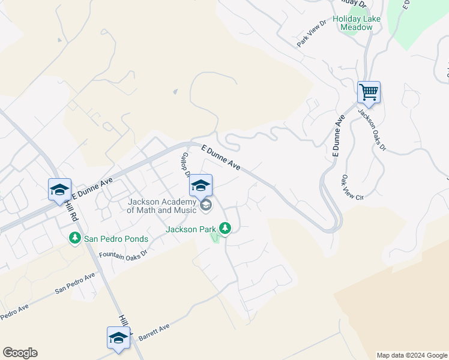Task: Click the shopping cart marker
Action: point(369,93)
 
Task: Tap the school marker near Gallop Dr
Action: point(200,185)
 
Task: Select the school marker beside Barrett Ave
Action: point(118,338)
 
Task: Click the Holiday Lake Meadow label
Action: point(360,23)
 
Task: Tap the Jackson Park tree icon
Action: point(225,228)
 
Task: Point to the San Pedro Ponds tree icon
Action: point(74,238)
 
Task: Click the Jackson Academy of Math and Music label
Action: point(161,206)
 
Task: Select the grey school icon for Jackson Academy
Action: point(206,206)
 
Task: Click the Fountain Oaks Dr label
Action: point(122,255)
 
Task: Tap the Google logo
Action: point(20,353)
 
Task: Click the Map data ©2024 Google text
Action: point(412,355)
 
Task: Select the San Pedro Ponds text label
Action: point(116,238)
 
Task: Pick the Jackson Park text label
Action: point(191,229)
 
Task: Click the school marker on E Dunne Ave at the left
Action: point(59,190)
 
